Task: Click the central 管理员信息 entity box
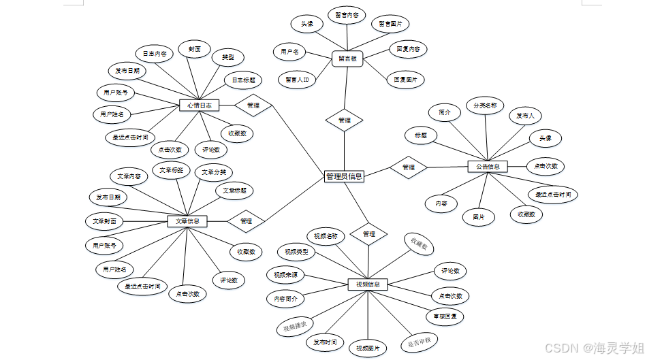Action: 344,176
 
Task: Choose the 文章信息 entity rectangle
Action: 187,221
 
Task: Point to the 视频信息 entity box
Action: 368,284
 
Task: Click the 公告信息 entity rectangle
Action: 488,166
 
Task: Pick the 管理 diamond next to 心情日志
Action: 253,105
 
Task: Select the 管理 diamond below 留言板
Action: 344,120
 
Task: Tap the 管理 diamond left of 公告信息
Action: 408,167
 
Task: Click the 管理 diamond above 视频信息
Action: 368,234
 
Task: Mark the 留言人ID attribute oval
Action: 298,80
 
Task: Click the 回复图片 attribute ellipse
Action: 405,80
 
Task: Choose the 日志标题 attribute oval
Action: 243,80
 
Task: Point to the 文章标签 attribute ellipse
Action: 171,169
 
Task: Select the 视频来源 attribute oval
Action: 285,275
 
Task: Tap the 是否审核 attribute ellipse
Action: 419,340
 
